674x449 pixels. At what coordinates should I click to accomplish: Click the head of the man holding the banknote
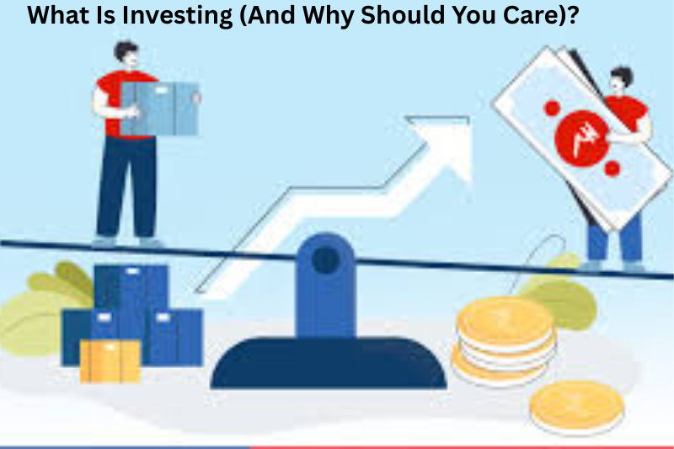622,81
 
